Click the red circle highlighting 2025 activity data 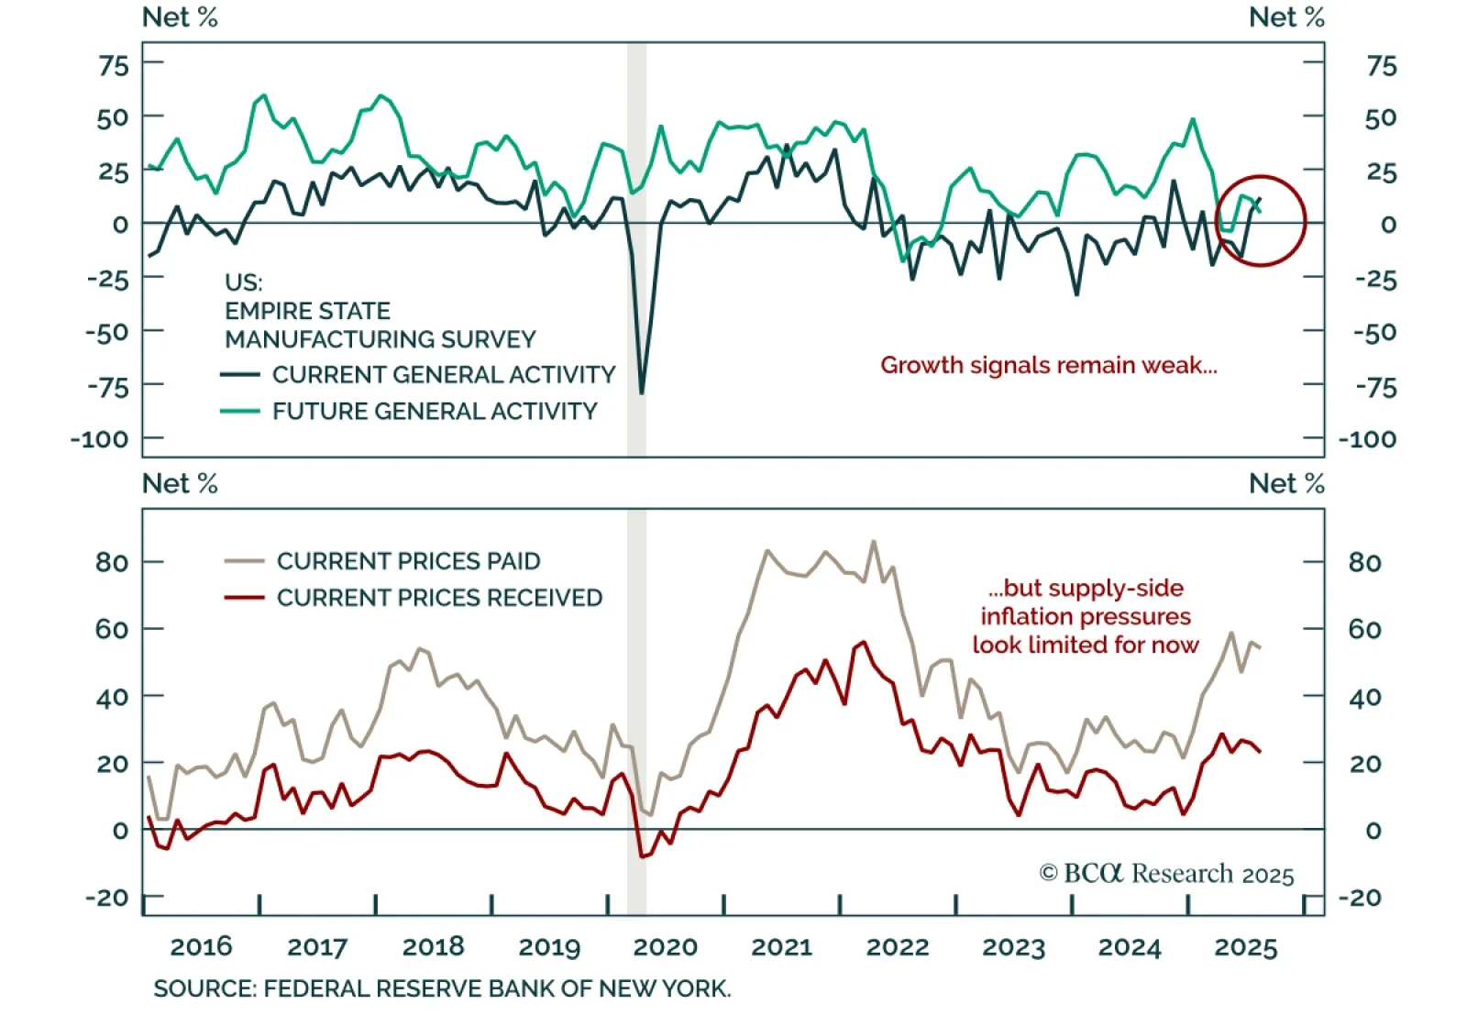click(x=1261, y=221)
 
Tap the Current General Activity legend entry click(x=443, y=375)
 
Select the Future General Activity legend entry click(x=434, y=411)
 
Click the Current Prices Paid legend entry click(x=408, y=561)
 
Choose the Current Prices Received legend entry click(x=439, y=598)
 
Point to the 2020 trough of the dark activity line click(x=641, y=393)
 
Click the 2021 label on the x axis click(x=781, y=947)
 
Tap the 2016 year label click(x=202, y=947)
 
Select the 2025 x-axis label click(x=1245, y=947)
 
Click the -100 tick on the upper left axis click(x=100, y=439)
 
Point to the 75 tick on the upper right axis click(x=1381, y=66)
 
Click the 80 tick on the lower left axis click(x=112, y=562)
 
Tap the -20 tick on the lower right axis click(x=1364, y=898)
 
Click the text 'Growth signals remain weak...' click(x=1049, y=365)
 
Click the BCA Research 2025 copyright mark click(x=1166, y=874)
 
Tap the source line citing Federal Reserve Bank click(x=442, y=989)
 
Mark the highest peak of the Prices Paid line click(x=873, y=541)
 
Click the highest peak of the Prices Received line click(x=863, y=642)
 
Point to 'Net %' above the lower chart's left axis click(x=180, y=483)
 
